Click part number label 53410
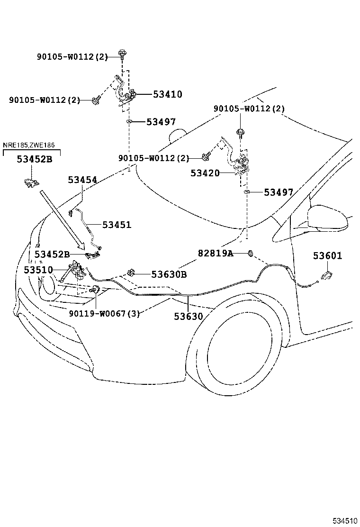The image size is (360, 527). [167, 94]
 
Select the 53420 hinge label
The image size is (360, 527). [205, 173]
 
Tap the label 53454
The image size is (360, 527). [82, 180]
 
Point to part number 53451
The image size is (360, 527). [117, 225]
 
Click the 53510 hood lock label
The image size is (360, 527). [38, 270]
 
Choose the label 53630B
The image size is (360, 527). [169, 274]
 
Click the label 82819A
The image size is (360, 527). [215, 253]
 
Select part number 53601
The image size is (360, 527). [327, 255]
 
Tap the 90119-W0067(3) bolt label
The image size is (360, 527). [104, 314]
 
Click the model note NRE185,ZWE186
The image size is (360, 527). [29, 145]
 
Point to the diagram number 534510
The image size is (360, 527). [345, 521]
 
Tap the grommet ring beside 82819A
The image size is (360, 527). [250, 253]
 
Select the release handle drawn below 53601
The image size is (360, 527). [326, 275]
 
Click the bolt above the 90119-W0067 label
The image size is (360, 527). [95, 288]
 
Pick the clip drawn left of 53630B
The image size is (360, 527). [131, 273]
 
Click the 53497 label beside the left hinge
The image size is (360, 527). [161, 122]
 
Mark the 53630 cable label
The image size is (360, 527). [189, 316]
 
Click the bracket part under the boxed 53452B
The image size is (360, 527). [30, 183]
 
